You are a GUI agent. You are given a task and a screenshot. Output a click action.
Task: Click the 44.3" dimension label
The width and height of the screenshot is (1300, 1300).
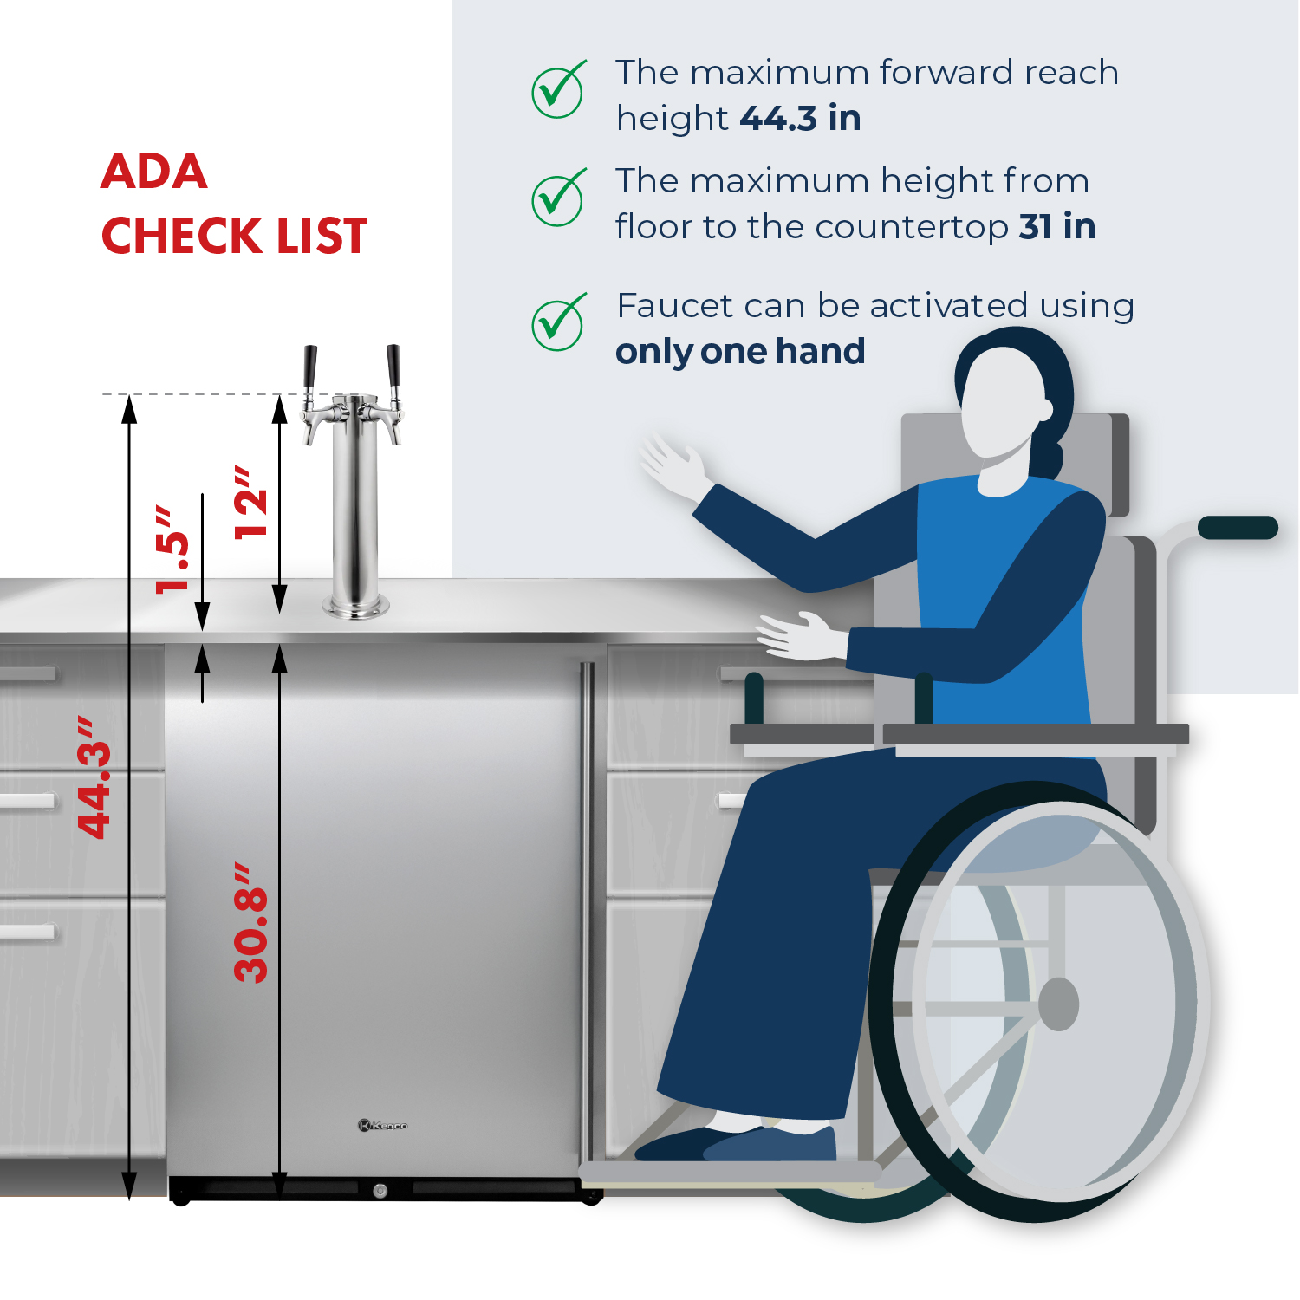pos(94,777)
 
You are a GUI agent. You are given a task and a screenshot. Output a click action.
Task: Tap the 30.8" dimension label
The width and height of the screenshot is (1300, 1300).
pos(251,922)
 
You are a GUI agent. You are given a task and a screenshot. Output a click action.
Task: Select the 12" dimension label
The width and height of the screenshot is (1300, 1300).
pos(251,503)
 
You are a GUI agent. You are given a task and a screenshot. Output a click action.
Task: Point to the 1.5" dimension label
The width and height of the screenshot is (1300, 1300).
pos(172,550)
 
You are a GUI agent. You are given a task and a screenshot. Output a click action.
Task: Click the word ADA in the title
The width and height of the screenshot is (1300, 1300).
pos(154,172)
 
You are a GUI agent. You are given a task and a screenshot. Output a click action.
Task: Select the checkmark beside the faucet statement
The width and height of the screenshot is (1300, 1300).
pos(559,322)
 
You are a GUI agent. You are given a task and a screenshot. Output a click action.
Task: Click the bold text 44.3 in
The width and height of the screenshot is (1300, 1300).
pos(800,119)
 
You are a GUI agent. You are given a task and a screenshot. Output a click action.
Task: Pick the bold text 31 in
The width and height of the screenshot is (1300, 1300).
pos(1057,227)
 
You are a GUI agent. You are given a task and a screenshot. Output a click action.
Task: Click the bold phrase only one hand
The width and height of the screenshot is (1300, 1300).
pos(740,352)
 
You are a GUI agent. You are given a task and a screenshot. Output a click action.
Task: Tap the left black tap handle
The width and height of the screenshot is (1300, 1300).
pos(310,367)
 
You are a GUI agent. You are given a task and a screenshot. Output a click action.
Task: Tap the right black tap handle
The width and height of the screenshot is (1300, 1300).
pos(393,367)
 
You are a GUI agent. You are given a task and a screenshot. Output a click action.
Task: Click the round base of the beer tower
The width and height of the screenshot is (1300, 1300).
pos(355,608)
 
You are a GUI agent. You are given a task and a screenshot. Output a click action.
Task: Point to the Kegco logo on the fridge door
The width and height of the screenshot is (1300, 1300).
pos(382,1126)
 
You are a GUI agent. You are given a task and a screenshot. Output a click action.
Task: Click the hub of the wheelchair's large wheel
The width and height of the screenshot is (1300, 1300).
pos(1058,1004)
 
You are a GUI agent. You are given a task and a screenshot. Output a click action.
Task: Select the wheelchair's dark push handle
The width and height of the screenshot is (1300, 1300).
pos(1238,527)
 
